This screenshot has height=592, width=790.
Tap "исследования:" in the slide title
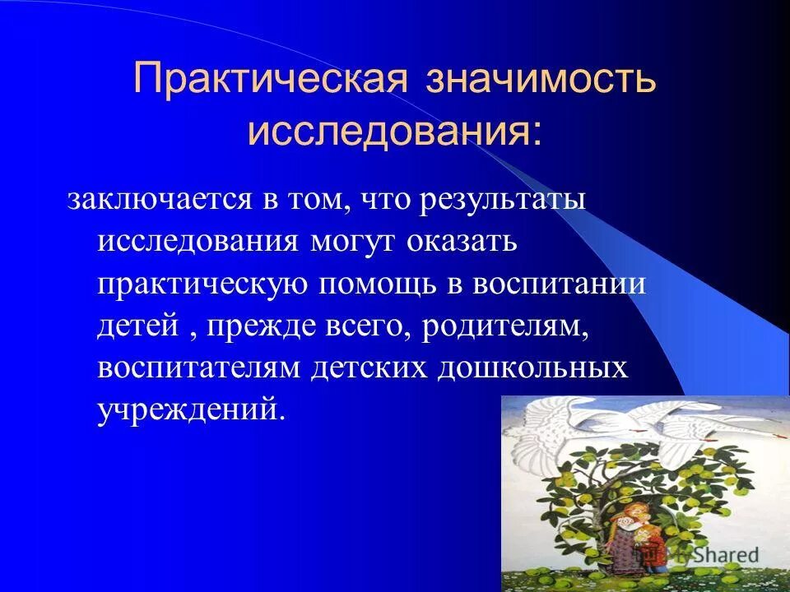pyautogui.click(x=395, y=131)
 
